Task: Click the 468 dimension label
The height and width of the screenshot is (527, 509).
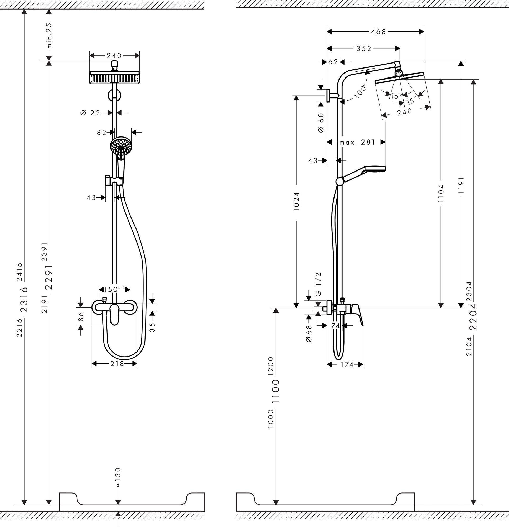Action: click(378, 32)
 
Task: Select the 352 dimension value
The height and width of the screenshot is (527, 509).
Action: click(364, 48)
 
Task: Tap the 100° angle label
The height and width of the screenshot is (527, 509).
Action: click(361, 91)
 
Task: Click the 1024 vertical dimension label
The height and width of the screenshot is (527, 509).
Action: click(296, 201)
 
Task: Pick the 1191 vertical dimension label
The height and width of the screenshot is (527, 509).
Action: click(461, 185)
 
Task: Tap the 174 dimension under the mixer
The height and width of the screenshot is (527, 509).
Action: click(347, 365)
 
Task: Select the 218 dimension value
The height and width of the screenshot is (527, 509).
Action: click(117, 364)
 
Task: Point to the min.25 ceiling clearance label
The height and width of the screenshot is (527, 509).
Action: click(49, 35)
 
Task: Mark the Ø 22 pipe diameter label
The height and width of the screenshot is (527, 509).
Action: click(90, 113)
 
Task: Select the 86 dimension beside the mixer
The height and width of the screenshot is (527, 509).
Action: click(81, 316)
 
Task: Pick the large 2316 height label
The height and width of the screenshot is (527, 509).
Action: click(24, 299)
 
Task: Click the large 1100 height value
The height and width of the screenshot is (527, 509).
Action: click(276, 391)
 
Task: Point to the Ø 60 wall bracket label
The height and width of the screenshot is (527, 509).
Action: click(321, 122)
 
